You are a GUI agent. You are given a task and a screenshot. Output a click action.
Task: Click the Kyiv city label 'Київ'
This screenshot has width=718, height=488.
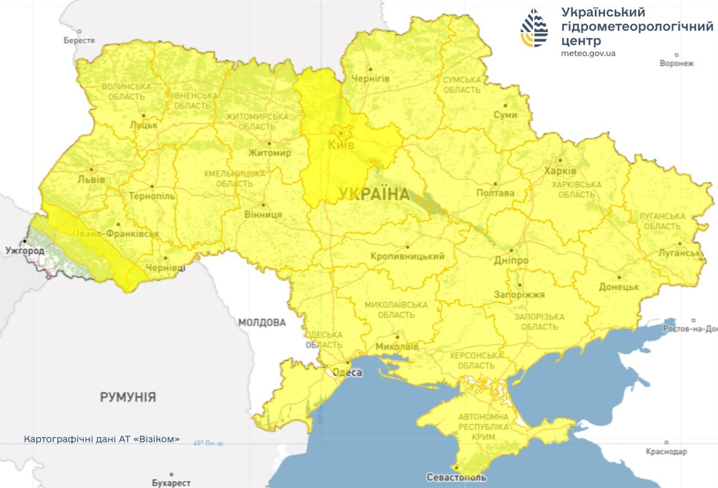tap(341, 145)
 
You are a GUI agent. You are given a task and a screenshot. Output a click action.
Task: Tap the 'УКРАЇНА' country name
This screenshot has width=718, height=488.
tap(374, 195)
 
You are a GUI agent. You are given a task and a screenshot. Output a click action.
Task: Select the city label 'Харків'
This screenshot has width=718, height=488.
tap(560, 171)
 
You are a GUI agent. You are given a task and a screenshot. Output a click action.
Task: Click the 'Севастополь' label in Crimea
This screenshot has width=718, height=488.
tap(457, 477)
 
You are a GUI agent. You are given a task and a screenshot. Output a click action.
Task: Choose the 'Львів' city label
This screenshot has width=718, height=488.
tap(91, 179)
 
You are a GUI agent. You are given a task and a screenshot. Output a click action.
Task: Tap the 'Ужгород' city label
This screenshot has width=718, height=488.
tap(25, 251)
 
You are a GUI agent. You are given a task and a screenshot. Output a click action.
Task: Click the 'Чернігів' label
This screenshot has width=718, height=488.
tap(370, 78)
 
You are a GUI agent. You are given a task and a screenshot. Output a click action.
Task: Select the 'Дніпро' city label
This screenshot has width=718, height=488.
tap(511, 260)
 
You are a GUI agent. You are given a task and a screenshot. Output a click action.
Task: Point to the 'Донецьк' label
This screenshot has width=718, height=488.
tap(619, 286)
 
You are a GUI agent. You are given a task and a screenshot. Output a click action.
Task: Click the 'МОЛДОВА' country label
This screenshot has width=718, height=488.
tap(262, 323)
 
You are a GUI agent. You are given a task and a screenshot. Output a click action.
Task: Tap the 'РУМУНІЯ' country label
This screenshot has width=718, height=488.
tap(128, 397)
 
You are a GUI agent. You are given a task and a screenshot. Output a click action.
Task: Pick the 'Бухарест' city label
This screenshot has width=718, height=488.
tap(171, 483)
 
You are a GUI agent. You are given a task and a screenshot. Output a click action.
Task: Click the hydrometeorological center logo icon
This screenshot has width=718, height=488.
tap(534, 28)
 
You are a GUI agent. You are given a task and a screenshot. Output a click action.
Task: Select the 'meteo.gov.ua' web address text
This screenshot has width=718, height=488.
tap(588, 53)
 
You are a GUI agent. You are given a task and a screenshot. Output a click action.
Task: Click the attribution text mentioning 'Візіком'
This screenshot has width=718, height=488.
tap(102, 439)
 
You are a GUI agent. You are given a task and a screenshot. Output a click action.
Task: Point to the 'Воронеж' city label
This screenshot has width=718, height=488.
tap(677, 63)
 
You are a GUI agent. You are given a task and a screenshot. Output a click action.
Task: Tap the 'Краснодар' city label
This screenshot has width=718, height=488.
tap(666, 451)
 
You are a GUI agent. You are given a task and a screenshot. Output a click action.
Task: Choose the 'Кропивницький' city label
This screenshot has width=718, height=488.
tap(407, 256)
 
